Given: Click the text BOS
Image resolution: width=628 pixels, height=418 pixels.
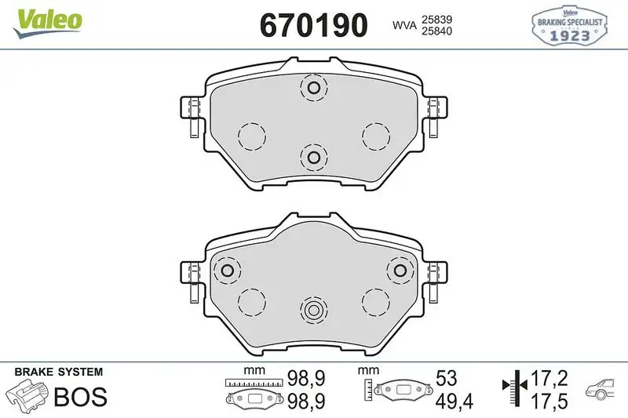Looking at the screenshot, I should click(80, 397).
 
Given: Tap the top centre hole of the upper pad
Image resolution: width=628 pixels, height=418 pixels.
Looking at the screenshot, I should click(313, 89).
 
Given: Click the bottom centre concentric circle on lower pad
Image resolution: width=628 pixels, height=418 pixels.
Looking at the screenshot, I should click(313, 310).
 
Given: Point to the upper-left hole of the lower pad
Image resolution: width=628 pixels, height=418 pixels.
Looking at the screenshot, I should click(228, 271).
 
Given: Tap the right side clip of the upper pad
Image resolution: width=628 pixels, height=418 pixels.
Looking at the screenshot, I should click(434, 116).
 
